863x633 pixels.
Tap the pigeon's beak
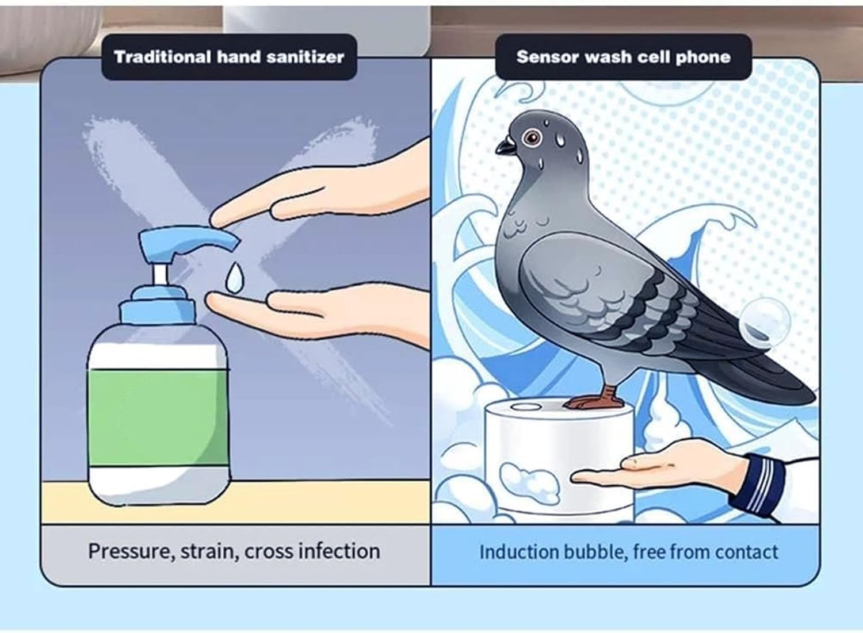(x=505, y=146)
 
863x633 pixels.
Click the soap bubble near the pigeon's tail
(x=765, y=323)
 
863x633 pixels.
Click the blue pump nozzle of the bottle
(x=190, y=239)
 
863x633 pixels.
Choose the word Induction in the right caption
(x=519, y=552)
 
